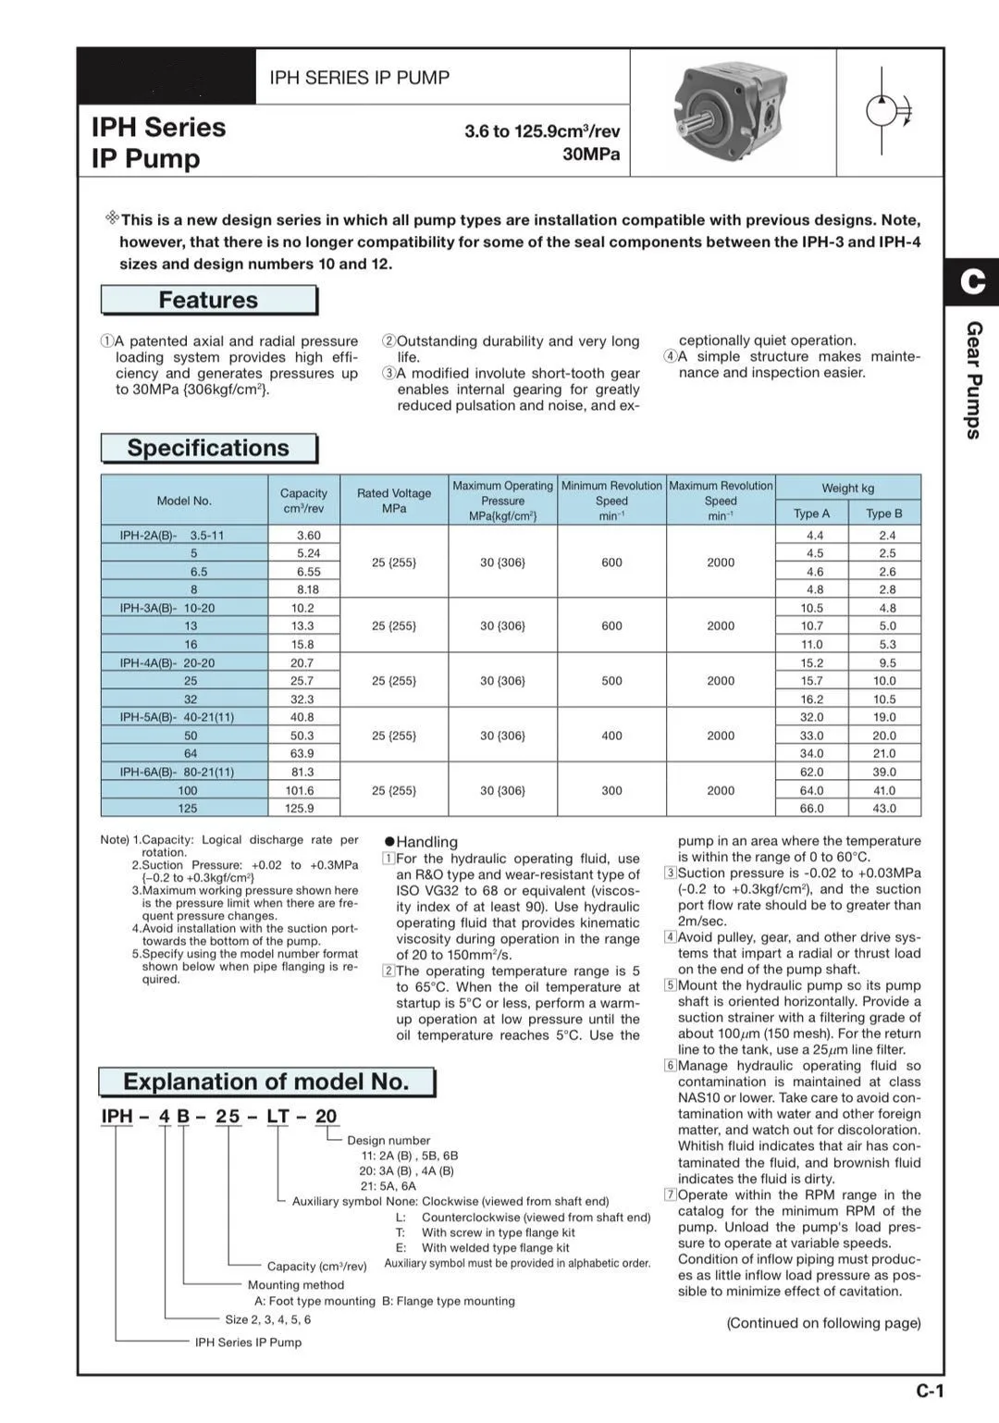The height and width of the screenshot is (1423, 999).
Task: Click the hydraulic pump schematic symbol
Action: click(887, 111)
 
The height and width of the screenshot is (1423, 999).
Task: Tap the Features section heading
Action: click(208, 300)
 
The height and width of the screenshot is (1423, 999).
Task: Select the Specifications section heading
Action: click(208, 448)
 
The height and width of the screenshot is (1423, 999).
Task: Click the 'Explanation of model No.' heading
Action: click(266, 1082)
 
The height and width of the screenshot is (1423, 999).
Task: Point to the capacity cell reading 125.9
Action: click(300, 809)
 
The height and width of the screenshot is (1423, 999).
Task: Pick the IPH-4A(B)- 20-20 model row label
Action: click(167, 662)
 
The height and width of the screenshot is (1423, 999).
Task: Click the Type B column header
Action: click(884, 514)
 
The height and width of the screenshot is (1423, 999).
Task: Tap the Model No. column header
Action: click(184, 501)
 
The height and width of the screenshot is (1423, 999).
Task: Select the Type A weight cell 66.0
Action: click(812, 809)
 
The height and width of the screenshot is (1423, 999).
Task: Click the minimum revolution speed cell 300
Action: click(611, 790)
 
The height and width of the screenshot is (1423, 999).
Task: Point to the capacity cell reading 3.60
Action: click(308, 535)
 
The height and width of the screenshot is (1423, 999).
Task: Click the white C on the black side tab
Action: click(973, 281)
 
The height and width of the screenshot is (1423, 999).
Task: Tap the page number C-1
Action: click(931, 1391)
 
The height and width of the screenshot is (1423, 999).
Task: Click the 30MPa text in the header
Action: click(591, 154)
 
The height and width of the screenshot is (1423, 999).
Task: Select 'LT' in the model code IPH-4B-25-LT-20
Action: click(277, 1116)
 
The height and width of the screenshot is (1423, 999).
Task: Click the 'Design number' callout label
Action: click(388, 1141)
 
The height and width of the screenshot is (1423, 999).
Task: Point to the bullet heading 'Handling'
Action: click(426, 842)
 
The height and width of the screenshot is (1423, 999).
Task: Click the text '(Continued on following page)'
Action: click(823, 1323)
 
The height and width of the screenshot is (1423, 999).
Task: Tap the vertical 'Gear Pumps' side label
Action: click(974, 380)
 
